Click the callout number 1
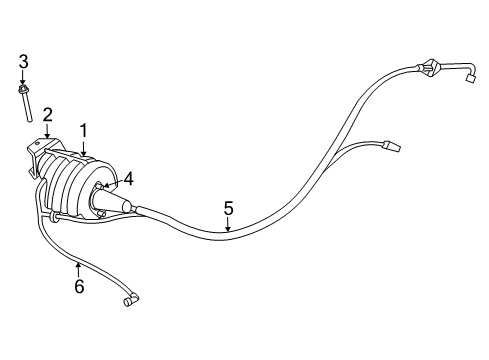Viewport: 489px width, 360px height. [x=85, y=130]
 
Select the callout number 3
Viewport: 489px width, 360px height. [x=23, y=66]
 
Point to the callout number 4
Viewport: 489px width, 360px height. [x=126, y=180]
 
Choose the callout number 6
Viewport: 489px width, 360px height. [x=78, y=287]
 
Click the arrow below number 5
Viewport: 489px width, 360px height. [x=228, y=228]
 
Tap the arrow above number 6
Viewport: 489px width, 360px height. [x=77, y=266]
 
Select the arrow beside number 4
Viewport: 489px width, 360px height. [x=108, y=184]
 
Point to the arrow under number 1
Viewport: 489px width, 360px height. [x=84, y=149]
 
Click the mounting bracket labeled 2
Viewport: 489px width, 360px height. [x=42, y=151]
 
